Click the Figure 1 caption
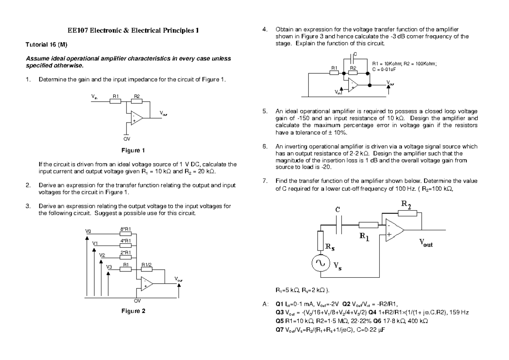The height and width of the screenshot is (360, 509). (133, 150)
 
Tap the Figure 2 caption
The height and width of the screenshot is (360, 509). (133, 311)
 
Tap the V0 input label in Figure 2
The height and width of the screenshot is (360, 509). (88, 232)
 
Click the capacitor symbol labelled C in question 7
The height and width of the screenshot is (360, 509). (338, 225)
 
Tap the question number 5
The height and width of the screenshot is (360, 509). (265, 112)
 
